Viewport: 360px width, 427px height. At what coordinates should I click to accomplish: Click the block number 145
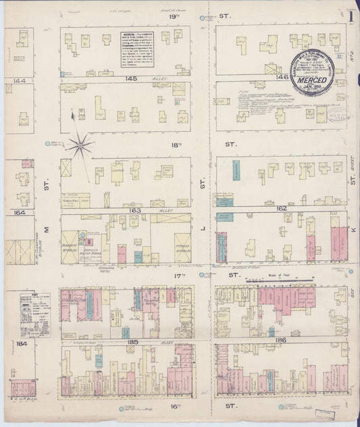(130, 79)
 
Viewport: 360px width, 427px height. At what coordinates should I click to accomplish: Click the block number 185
(132, 343)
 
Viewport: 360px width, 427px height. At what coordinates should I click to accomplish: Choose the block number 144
(18, 80)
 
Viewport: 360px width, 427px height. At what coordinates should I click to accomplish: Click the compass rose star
(81, 144)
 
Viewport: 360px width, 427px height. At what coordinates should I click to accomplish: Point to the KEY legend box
(35, 315)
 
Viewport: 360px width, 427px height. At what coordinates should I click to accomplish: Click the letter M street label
(47, 230)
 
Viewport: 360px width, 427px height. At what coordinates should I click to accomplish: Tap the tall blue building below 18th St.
(235, 170)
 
